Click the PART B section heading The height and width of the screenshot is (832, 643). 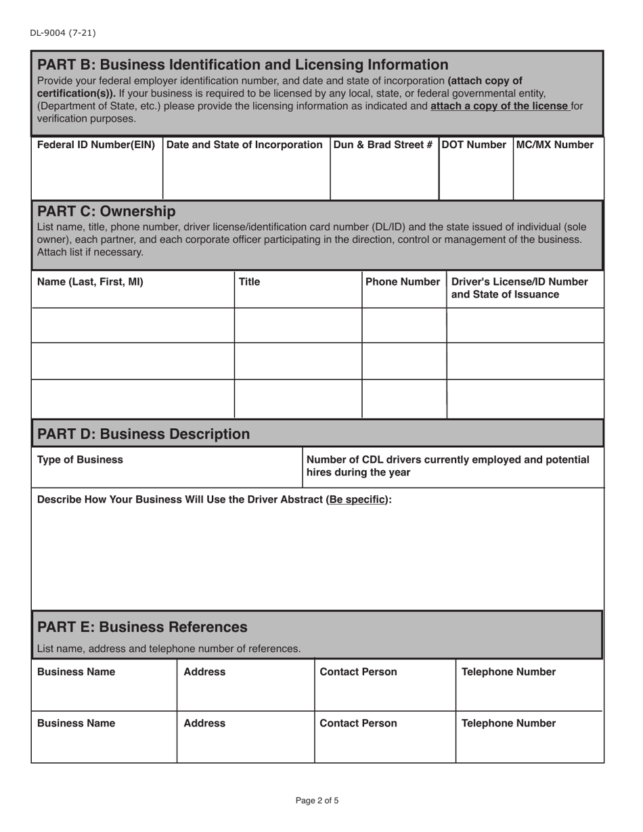(x=242, y=65)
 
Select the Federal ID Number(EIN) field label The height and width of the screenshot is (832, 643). (x=96, y=145)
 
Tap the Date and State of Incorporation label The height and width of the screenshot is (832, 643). (x=245, y=145)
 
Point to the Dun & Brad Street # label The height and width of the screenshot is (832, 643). (x=383, y=145)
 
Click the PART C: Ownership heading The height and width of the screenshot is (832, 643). (x=106, y=211)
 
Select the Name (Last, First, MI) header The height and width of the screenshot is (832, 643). (x=90, y=282)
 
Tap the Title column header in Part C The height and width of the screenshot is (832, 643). (x=249, y=282)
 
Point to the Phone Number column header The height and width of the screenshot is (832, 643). (x=403, y=282)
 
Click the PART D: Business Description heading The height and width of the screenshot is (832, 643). (x=143, y=434)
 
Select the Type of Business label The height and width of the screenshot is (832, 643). (x=80, y=460)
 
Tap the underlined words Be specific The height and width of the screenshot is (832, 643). (x=357, y=500)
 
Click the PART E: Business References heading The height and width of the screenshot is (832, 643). (x=142, y=626)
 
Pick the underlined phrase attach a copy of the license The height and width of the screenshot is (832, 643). (x=500, y=106)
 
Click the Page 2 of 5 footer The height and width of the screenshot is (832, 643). (x=317, y=801)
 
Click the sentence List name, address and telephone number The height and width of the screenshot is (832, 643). (x=169, y=649)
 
